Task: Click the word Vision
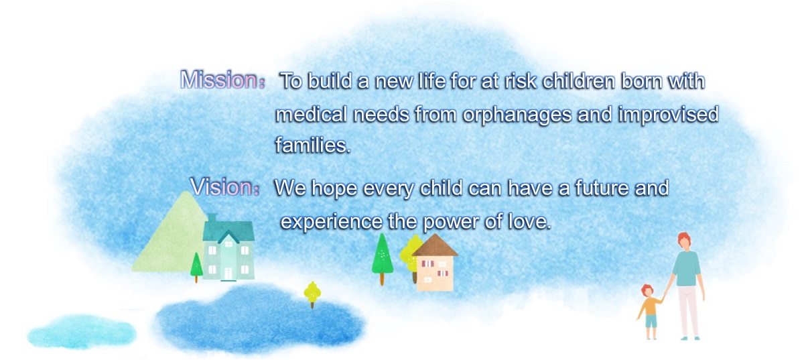[x=221, y=187]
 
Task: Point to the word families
[x=313, y=145]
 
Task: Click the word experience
[x=331, y=223]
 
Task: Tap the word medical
[x=311, y=114]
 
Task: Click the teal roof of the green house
[x=228, y=229]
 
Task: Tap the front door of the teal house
[x=228, y=273]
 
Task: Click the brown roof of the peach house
[x=435, y=246]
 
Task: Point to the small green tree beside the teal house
[x=196, y=267]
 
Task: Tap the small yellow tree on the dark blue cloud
[x=312, y=294]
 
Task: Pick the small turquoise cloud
[x=82, y=332]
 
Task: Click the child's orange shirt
[x=650, y=306]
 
